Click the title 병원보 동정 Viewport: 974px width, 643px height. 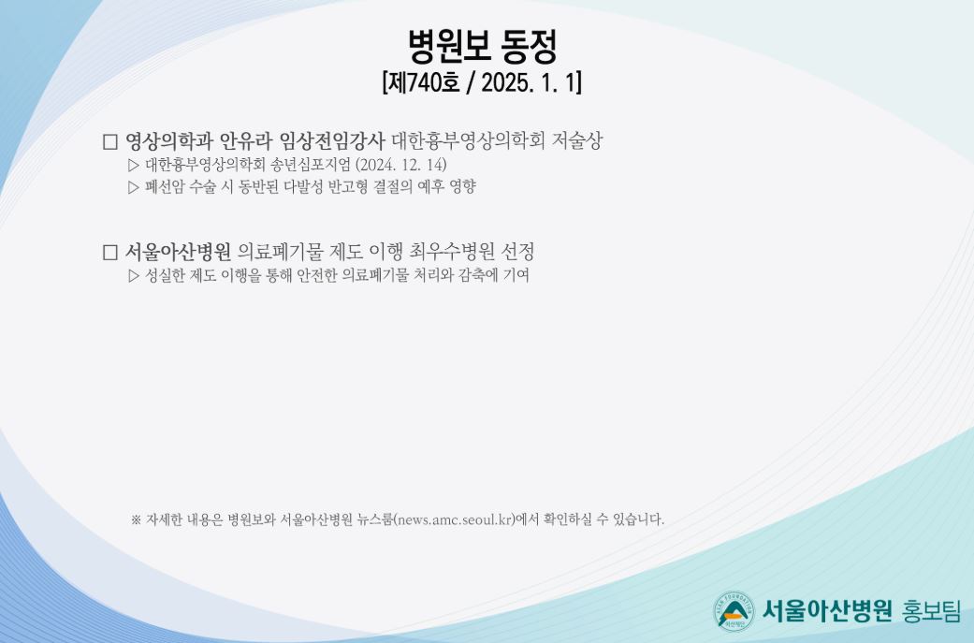(482, 47)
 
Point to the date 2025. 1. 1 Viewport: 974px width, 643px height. (530, 82)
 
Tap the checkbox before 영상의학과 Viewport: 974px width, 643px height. (110, 141)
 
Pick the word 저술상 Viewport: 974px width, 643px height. (576, 141)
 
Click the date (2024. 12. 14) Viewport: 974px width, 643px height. (400, 165)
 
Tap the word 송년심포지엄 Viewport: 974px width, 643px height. (311, 165)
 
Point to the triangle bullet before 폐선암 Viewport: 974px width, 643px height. (134, 187)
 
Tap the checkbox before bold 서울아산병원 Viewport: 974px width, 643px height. (110, 252)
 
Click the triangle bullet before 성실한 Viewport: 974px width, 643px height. (134, 276)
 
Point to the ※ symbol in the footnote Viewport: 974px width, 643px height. (136, 519)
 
